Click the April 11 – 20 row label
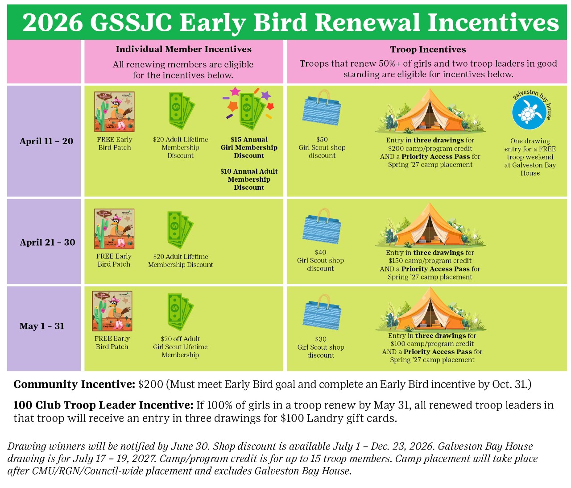[46, 142]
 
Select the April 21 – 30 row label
[47, 242]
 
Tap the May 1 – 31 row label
[42, 326]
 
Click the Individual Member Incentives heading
[183, 50]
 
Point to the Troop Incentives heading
[428, 50]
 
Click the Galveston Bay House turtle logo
[529, 112]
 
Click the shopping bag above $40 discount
[322, 226]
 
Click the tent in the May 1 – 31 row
[430, 309]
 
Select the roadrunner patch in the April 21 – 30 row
[114, 229]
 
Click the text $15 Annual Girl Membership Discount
[249, 148]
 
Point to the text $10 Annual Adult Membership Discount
[249, 179]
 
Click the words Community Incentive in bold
[74, 384]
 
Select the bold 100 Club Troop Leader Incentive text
[103, 405]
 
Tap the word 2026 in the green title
[53, 22]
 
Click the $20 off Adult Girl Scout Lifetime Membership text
[180, 347]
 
